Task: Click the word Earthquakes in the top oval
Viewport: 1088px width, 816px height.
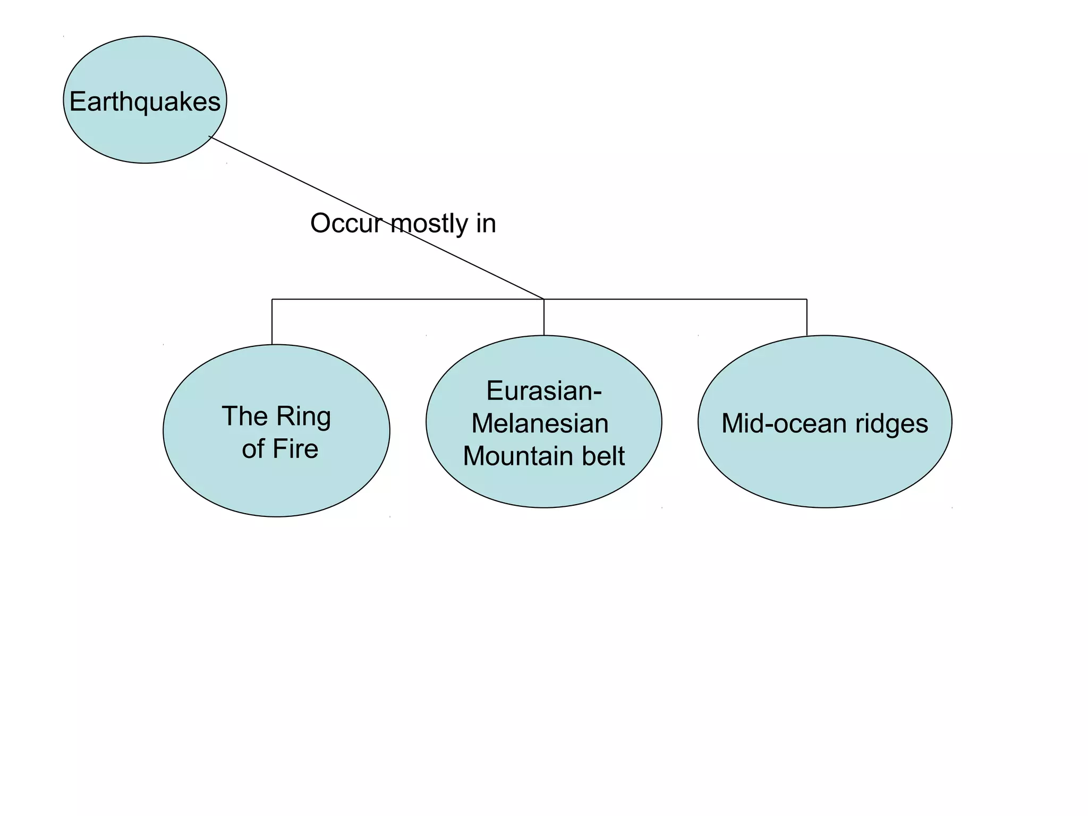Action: tap(144, 101)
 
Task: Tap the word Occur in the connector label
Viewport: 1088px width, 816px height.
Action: tap(346, 223)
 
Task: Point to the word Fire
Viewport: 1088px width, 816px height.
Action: tap(295, 449)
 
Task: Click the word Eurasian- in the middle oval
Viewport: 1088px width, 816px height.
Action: tap(543, 391)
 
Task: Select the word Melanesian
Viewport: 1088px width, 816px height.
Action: tap(540, 424)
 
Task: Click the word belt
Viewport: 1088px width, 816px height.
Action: tap(603, 456)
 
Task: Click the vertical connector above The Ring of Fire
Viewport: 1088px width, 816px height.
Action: tap(272, 322)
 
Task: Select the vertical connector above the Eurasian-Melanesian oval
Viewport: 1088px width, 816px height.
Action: tap(544, 317)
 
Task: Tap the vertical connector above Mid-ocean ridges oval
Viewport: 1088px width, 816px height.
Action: tap(807, 317)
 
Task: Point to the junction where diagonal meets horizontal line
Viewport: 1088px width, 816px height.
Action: tap(544, 299)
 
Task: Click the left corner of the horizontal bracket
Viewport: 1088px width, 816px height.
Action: tap(272, 299)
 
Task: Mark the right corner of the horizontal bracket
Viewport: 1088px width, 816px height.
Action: tap(807, 299)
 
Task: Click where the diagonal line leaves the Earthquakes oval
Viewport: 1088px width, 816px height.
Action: tap(210, 137)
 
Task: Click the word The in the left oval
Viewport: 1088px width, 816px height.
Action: tap(244, 416)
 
